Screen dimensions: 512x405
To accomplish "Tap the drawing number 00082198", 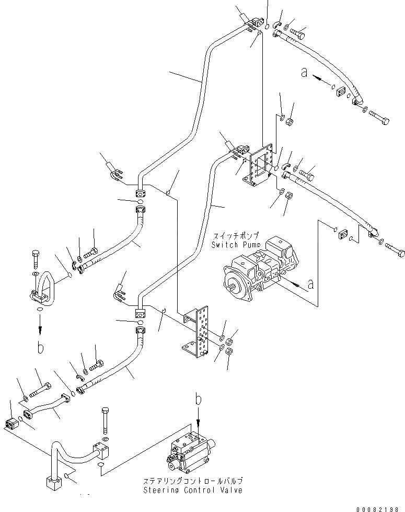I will tap(381, 508).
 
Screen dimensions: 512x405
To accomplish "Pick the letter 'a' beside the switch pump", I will tap(310, 285).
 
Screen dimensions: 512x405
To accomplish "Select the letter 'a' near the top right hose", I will tap(305, 73).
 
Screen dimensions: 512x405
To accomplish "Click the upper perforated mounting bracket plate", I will tap(260, 166).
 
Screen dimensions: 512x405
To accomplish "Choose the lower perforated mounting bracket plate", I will tap(200, 335).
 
